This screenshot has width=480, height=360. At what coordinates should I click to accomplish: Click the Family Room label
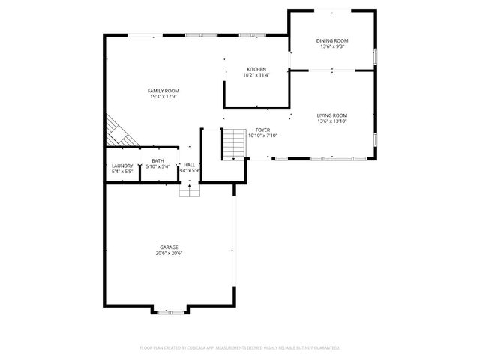click(x=163, y=91)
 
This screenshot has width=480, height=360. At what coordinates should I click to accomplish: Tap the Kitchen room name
click(x=256, y=69)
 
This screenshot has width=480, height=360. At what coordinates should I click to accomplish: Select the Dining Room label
click(x=331, y=40)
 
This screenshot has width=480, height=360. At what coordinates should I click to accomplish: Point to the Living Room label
click(x=331, y=115)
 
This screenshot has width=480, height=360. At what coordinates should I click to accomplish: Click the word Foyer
click(x=262, y=130)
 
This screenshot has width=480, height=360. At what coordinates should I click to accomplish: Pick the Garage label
click(x=169, y=247)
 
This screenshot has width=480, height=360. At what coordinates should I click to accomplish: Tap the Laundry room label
click(x=122, y=166)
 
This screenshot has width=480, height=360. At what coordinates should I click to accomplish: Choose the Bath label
click(x=157, y=160)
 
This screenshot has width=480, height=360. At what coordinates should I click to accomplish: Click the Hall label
click(x=190, y=165)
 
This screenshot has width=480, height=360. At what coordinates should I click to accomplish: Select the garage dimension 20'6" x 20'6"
click(x=169, y=253)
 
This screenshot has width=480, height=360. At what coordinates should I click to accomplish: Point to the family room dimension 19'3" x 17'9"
click(x=163, y=96)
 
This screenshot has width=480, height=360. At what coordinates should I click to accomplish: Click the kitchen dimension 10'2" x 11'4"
click(x=256, y=75)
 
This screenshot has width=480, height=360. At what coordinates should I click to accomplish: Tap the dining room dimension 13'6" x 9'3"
click(x=331, y=46)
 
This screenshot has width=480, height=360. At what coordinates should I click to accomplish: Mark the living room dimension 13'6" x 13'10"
click(x=331, y=121)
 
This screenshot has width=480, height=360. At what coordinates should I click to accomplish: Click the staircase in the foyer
click(x=235, y=143)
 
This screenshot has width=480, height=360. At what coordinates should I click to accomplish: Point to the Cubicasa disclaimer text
click(x=240, y=348)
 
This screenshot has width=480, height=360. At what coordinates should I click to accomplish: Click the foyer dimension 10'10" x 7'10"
click(x=262, y=136)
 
